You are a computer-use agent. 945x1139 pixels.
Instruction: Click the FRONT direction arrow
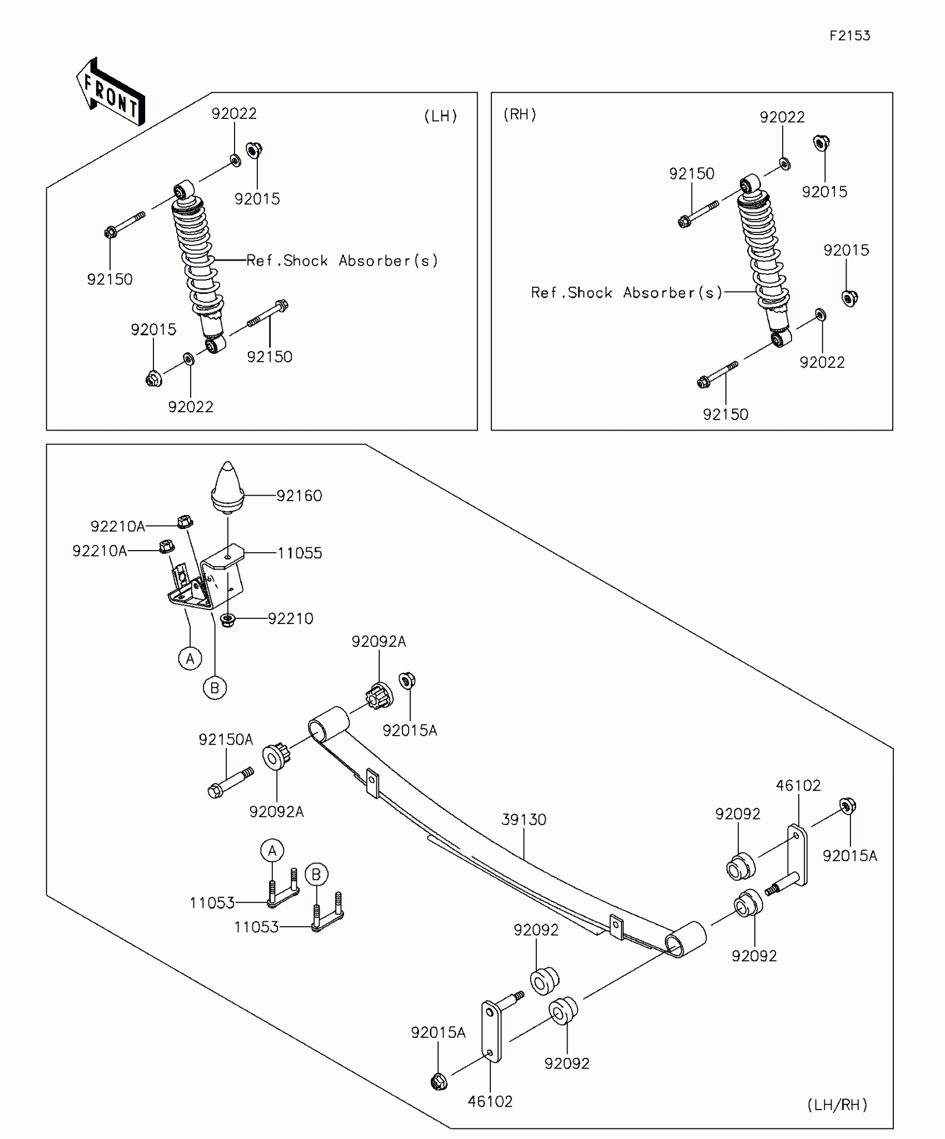pos(110,92)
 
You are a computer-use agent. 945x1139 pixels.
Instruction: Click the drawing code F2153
pos(850,36)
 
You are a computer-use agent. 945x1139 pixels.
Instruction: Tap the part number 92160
pos(299,496)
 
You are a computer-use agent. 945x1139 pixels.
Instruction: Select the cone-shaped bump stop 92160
pos(227,487)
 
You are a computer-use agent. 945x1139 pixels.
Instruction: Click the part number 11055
pos(300,553)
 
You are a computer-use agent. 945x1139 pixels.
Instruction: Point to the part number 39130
pos(524,820)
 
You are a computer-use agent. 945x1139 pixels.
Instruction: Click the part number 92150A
pos(226,740)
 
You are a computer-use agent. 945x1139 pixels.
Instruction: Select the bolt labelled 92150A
pos(231,782)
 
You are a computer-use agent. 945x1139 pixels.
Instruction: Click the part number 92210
pos(290,618)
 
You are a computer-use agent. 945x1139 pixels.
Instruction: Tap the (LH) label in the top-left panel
pos(441,116)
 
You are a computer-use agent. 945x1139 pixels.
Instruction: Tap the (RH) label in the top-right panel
pos(520,114)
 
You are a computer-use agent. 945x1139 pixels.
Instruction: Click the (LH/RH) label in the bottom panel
pos(837,1105)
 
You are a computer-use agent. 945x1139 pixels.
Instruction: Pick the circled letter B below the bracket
pos(215,688)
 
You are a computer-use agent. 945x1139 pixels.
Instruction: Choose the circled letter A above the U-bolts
pos(272,851)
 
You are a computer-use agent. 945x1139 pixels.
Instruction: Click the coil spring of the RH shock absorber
pos(763,253)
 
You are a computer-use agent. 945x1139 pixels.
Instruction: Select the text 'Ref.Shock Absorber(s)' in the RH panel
pos(626,293)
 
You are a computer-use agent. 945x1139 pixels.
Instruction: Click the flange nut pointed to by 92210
pos(227,620)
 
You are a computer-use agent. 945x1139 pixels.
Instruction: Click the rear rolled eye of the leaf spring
pos(686,940)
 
